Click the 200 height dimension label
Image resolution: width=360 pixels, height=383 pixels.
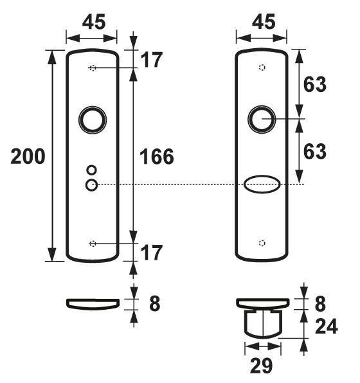coord(28,156)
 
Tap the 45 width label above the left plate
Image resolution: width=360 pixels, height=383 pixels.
coord(93,22)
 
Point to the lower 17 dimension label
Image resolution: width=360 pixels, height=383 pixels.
coord(152,253)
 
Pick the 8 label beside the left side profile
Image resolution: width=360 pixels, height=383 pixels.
coord(154,303)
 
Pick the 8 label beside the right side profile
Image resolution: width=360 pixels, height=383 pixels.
coord(320,303)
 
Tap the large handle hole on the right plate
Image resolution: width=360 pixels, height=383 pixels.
coord(261,119)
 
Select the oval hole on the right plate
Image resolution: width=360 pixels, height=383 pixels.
coord(261,185)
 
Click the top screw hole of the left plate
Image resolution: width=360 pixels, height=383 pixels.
coord(93,68)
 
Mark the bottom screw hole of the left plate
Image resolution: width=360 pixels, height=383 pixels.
coord(93,243)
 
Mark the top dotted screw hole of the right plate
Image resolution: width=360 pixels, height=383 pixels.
coord(261,68)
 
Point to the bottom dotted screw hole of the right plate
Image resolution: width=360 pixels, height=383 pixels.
coord(261,243)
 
